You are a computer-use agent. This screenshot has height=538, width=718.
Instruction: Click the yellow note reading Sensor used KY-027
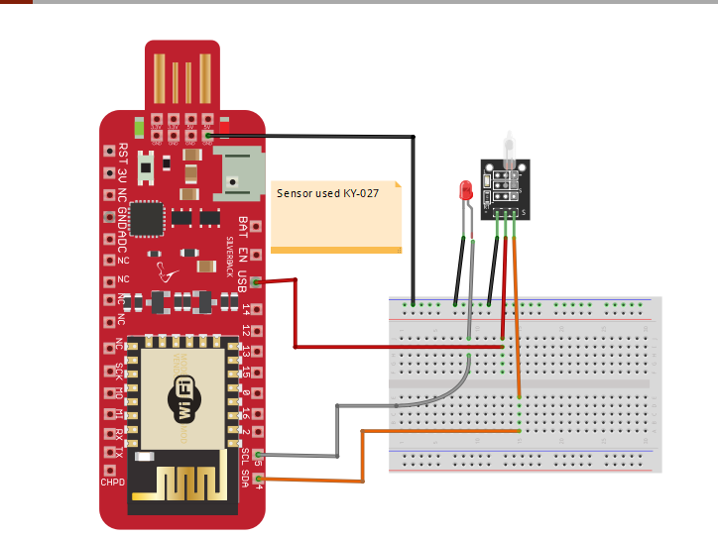[x=336, y=215]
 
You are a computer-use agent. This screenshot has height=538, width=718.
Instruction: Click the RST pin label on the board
[x=123, y=152]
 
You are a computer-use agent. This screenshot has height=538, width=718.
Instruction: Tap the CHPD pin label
[x=112, y=483]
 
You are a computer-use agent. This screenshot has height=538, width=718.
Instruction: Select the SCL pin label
[x=244, y=457]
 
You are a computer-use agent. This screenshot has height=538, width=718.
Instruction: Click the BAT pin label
[x=244, y=225]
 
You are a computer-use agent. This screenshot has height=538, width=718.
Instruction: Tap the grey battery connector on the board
[x=241, y=172]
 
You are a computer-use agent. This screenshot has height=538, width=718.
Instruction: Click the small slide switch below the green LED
[x=146, y=168]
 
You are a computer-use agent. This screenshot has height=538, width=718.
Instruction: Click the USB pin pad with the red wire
[x=257, y=282]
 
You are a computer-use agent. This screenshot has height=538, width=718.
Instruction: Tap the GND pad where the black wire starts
[x=207, y=136]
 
